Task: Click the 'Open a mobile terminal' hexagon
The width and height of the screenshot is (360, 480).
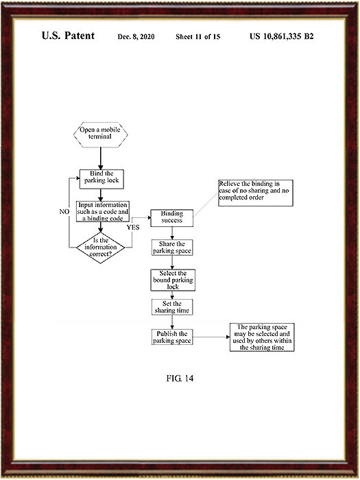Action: (100, 135)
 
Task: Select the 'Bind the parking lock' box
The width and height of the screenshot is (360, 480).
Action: (101, 179)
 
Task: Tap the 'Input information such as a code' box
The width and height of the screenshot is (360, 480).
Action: (103, 211)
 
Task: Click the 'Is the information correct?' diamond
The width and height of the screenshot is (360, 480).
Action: (100, 248)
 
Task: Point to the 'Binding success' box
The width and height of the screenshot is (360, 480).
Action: (171, 218)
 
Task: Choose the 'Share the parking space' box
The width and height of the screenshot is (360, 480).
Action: (172, 248)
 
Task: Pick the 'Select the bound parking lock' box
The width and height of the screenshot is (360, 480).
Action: (173, 280)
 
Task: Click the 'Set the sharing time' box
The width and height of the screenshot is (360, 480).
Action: (172, 307)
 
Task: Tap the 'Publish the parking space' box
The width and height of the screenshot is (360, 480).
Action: (172, 337)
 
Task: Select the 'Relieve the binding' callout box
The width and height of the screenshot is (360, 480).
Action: (256, 193)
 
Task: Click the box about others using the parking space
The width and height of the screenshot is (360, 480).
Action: (262, 337)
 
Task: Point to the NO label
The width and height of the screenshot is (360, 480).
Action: (64, 211)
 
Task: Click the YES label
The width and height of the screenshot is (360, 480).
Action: (133, 227)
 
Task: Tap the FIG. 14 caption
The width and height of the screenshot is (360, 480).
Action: (180, 379)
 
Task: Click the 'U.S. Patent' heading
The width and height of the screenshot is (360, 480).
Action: (68, 36)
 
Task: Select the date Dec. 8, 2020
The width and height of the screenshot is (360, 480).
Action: (136, 37)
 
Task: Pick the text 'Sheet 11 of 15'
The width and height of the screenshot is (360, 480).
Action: (197, 37)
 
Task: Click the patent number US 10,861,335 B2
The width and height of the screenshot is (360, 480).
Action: (282, 36)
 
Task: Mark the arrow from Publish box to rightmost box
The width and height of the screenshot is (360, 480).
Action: (211, 337)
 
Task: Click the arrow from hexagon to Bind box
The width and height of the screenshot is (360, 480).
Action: (100, 158)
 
